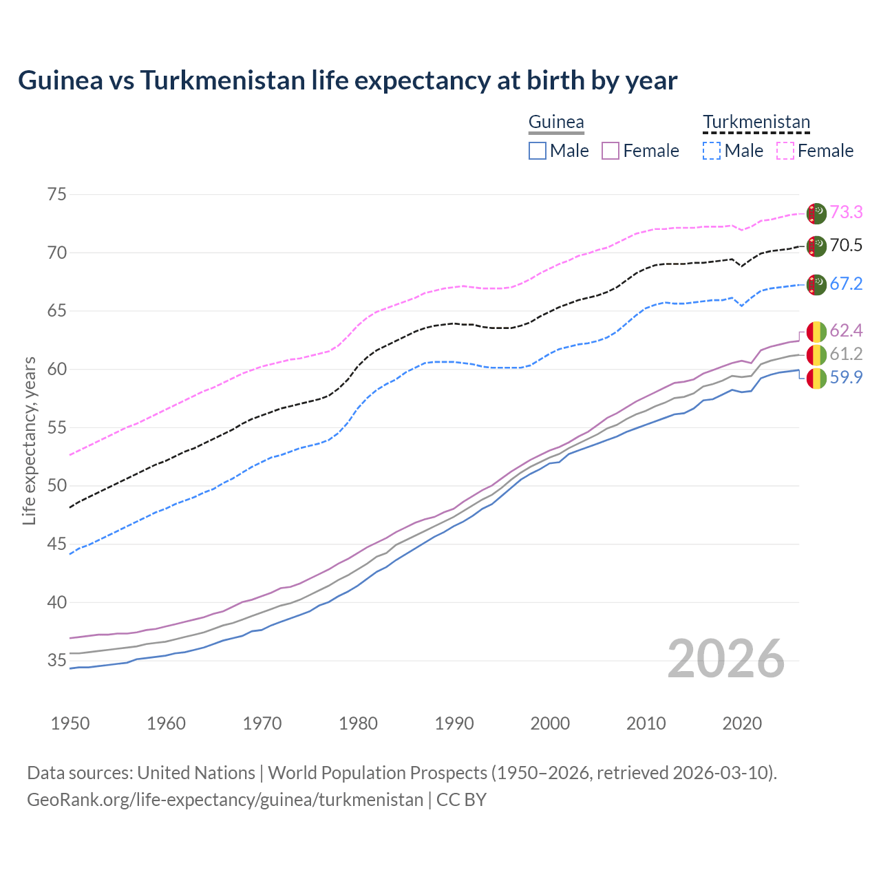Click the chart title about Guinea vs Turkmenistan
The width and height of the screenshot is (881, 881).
[x=348, y=81]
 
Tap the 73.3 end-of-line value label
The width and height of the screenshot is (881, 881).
[x=846, y=212]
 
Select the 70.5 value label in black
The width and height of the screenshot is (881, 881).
[x=846, y=245]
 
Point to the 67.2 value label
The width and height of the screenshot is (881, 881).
[x=846, y=284]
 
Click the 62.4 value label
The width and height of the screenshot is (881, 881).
[x=846, y=330]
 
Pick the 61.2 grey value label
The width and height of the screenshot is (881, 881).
[x=846, y=354]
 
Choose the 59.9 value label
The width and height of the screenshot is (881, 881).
[x=846, y=377]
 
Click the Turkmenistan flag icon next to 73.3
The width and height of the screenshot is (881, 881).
[x=816, y=213]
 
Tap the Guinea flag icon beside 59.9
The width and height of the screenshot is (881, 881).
[x=816, y=378]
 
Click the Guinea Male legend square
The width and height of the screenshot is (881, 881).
[x=538, y=151]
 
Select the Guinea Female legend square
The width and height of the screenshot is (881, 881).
[x=611, y=151]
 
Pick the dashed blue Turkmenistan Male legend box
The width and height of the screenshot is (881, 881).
[x=712, y=151]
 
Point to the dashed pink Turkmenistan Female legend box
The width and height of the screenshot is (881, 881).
[x=785, y=151]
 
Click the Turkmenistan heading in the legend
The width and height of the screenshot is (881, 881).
[x=756, y=122]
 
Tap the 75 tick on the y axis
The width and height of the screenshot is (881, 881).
[x=57, y=194]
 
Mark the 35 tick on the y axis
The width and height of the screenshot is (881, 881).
[x=57, y=661]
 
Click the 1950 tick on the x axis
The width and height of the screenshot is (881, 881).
[x=70, y=723]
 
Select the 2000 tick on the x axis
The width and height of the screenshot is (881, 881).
[x=550, y=723]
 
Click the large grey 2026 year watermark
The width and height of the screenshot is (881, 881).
[x=726, y=659]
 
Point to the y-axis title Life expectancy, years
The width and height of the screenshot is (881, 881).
[x=30, y=440]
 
